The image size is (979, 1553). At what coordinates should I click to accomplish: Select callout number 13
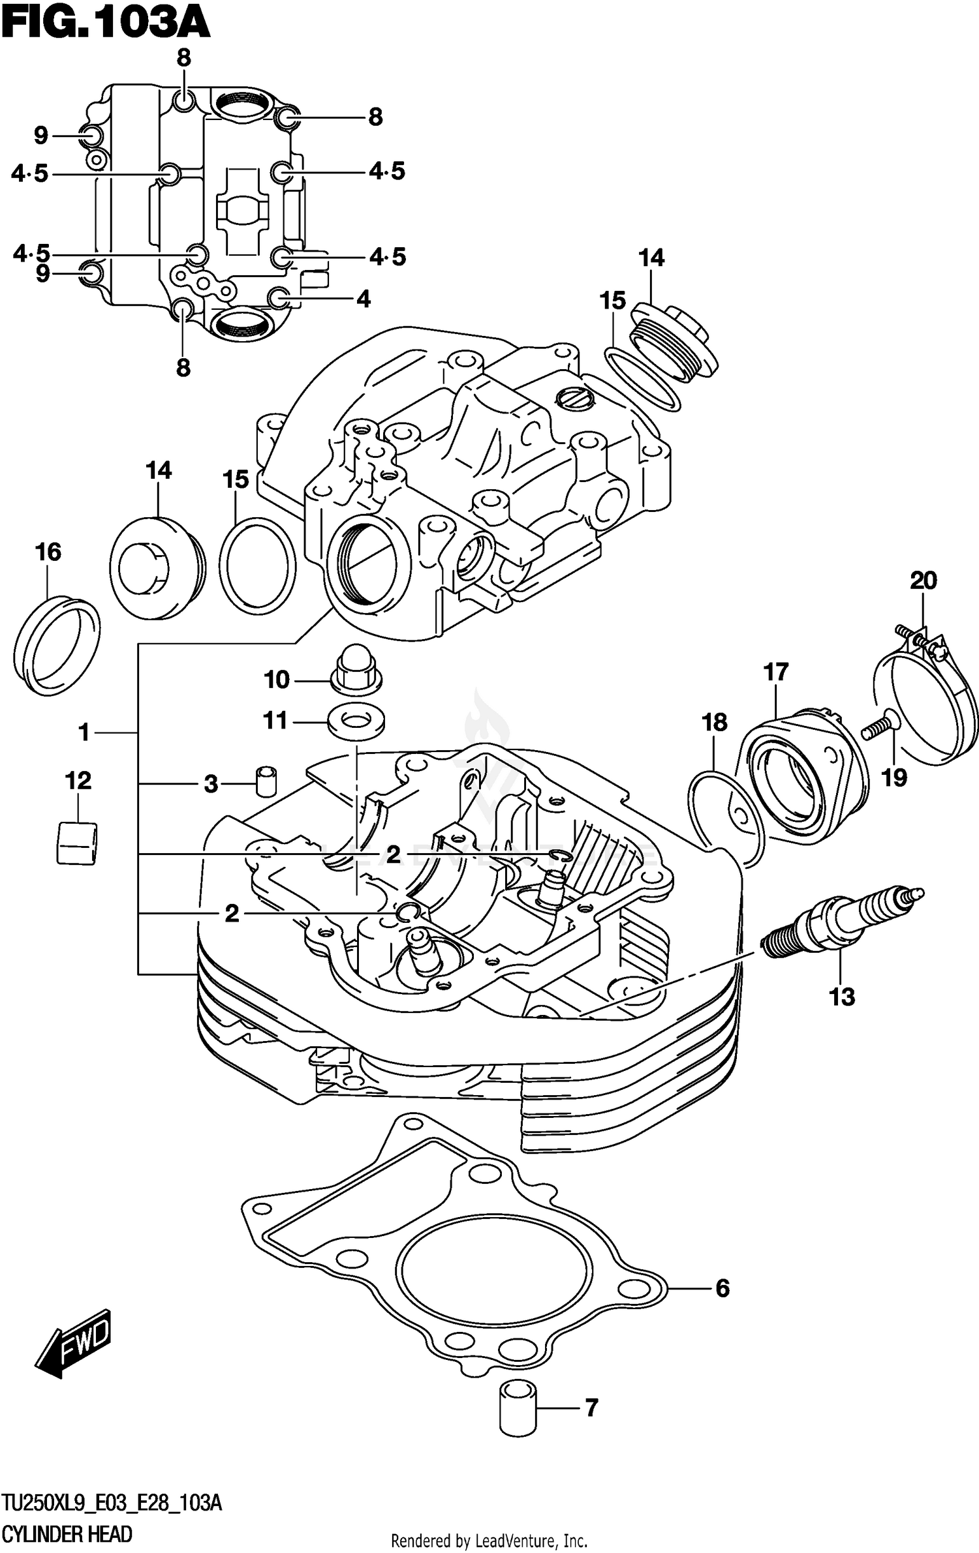click(x=841, y=997)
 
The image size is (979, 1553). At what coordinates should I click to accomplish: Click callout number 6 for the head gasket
click(x=722, y=1288)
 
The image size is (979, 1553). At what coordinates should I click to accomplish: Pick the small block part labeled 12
click(x=77, y=843)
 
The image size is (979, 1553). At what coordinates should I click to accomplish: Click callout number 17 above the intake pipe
click(x=776, y=672)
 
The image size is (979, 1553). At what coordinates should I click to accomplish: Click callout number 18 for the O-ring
click(x=715, y=723)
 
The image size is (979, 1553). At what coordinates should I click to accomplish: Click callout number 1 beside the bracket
click(x=84, y=732)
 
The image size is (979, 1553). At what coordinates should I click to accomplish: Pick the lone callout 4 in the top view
click(x=364, y=299)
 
